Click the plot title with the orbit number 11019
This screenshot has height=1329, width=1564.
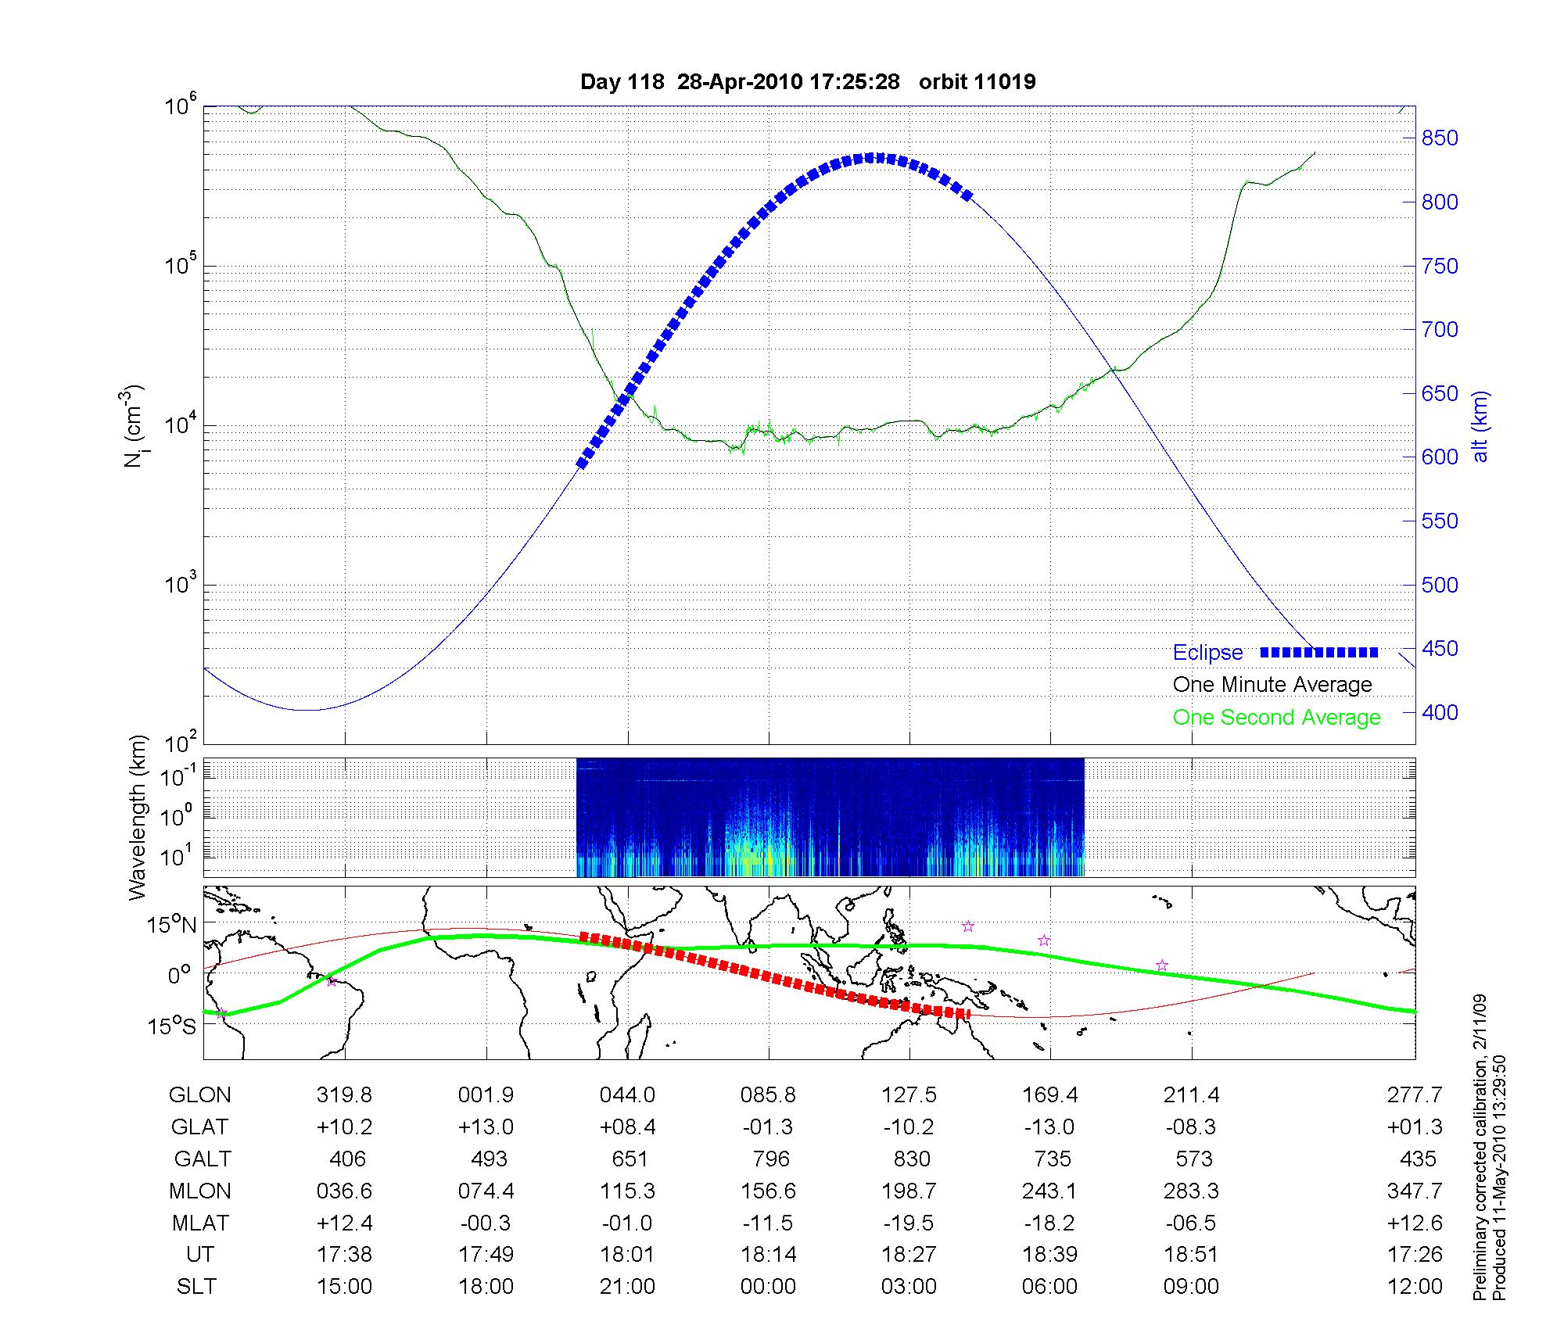808,82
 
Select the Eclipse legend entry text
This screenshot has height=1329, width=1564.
1207,653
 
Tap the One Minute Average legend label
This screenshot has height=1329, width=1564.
1272,685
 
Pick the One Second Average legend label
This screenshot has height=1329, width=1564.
1276,718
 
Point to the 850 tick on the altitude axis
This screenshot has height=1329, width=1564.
1440,138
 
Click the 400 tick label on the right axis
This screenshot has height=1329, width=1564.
1440,712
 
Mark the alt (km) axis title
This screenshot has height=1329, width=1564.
1480,427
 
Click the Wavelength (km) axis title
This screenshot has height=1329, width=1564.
138,818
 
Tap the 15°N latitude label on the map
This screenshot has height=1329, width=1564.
171,926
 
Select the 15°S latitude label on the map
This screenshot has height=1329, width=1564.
171,1026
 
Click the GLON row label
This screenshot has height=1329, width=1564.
199,1095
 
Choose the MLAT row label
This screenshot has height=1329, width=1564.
200,1223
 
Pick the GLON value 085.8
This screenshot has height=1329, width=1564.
768,1095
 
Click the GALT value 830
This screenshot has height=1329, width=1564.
911,1159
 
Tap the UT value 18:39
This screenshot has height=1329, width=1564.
1049,1255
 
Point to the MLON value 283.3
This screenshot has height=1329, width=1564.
1191,1191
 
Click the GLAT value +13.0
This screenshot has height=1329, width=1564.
486,1127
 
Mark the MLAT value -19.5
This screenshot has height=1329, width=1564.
909,1223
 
